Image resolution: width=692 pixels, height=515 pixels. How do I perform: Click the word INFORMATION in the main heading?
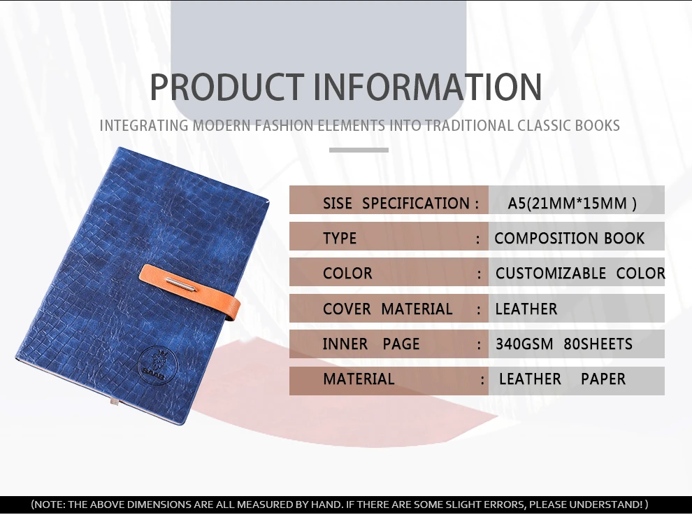pyautogui.click(x=427, y=86)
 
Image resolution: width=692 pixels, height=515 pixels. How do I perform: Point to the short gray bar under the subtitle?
pyautogui.click(x=359, y=150)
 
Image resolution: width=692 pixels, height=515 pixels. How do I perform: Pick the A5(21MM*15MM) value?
pyautogui.click(x=572, y=204)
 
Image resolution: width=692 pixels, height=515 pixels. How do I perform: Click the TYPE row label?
pyautogui.click(x=340, y=239)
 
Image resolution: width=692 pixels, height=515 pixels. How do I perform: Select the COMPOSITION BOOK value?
pyautogui.click(x=569, y=239)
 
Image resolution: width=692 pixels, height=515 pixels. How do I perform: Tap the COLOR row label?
pyautogui.click(x=347, y=274)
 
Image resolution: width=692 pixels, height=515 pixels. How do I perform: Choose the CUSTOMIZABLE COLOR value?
pyautogui.click(x=579, y=274)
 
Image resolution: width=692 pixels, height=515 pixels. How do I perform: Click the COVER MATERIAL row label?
pyautogui.click(x=387, y=309)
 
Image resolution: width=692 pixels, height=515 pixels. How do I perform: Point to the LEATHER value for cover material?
pyautogui.click(x=526, y=309)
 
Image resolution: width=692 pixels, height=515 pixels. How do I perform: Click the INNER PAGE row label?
pyautogui.click(x=371, y=344)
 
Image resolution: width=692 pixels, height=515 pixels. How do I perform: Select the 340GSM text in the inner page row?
pyautogui.click(x=524, y=344)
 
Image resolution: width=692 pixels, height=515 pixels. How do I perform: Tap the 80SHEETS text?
pyautogui.click(x=598, y=344)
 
